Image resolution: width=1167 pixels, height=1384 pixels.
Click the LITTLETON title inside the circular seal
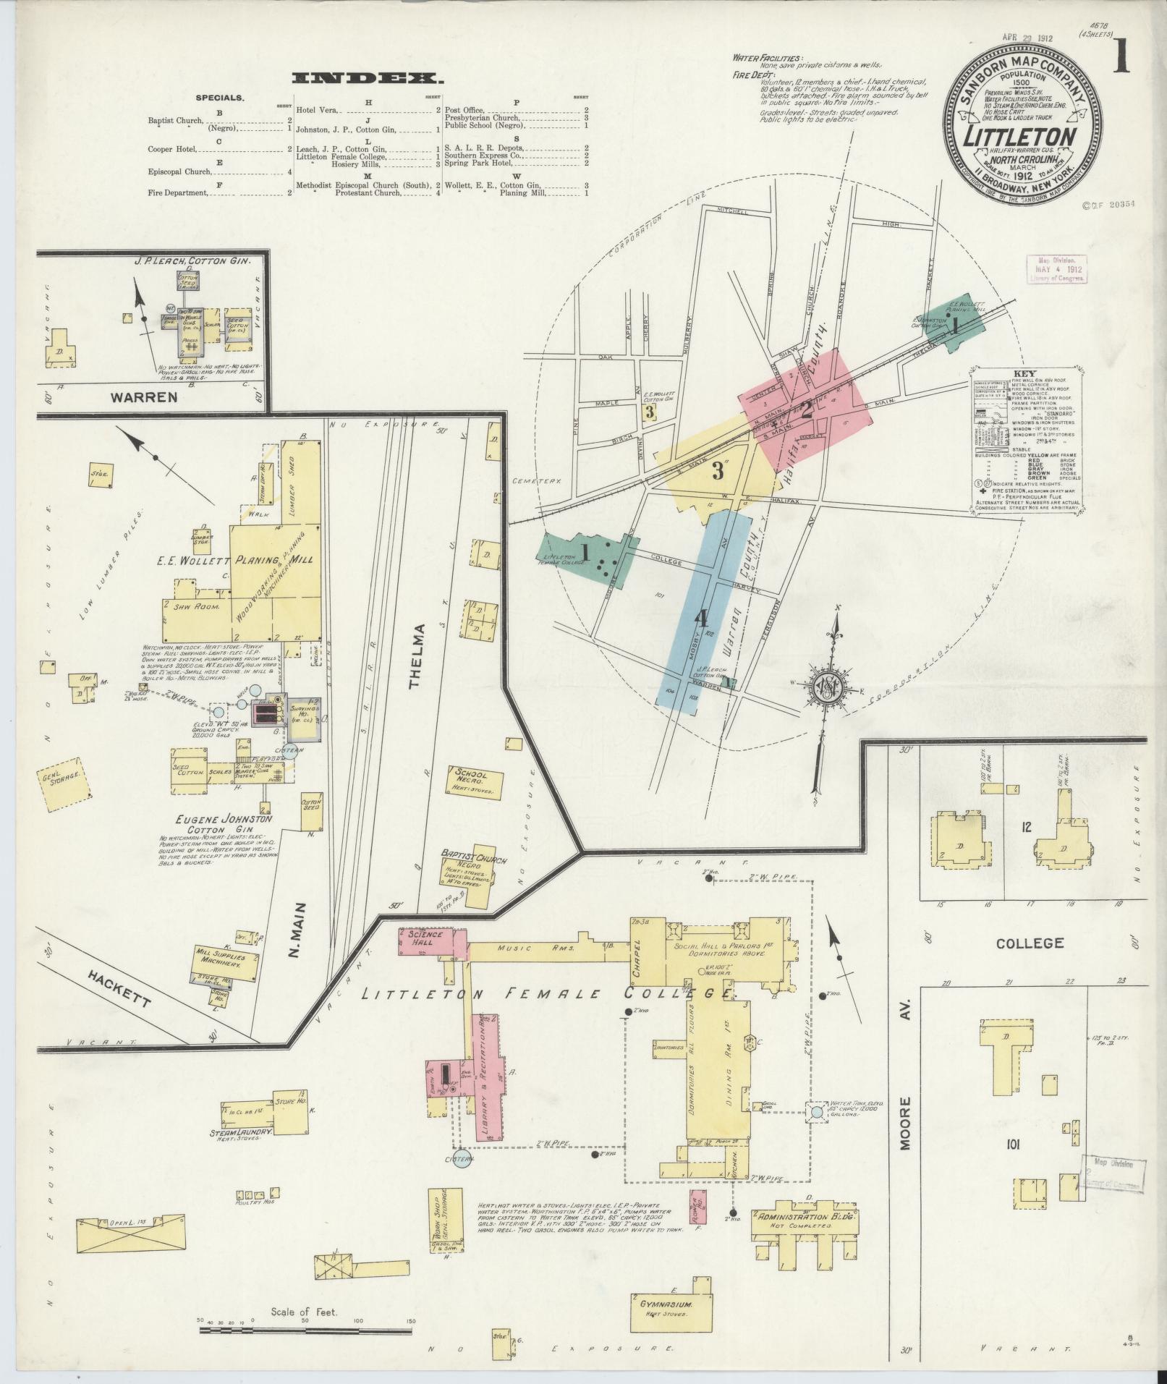click(x=1022, y=135)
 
